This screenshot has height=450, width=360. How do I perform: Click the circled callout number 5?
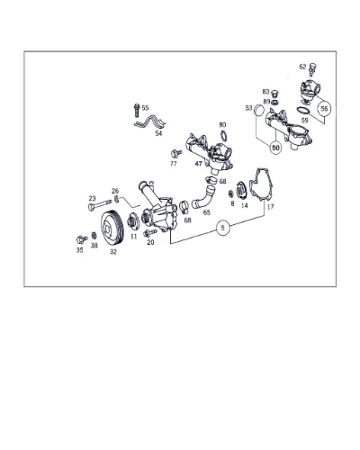(222, 228)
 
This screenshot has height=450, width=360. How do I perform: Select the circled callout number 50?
(275, 148)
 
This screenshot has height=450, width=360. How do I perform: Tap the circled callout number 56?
(324, 109)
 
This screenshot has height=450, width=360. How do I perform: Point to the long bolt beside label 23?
(100, 204)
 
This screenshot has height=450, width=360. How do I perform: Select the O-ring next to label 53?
(259, 110)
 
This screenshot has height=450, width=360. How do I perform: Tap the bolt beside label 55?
(137, 110)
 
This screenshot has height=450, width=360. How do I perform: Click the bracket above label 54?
(150, 123)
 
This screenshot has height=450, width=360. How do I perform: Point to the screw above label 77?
(175, 153)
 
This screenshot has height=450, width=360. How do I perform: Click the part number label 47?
(198, 164)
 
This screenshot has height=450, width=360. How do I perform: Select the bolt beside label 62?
(313, 68)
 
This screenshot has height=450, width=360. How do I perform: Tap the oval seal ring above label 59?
(303, 111)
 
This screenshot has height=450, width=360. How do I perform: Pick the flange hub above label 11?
(133, 221)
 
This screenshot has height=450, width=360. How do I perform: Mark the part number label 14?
(245, 205)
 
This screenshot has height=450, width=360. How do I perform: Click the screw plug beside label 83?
(274, 93)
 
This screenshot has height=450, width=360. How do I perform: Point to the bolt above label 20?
(150, 232)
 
